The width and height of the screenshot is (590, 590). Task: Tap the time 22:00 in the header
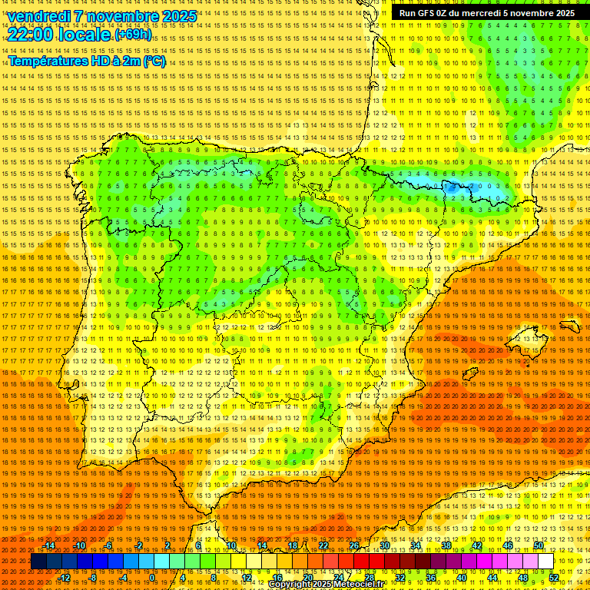pyautogui.click(x=31, y=34)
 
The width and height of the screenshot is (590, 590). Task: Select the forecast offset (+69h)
pyautogui.click(x=133, y=35)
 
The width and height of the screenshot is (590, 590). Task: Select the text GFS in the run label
pyautogui.click(x=427, y=13)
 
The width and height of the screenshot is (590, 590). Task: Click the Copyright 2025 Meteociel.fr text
pyautogui.click(x=326, y=585)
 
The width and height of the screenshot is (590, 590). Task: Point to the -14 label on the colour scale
pyautogui.click(x=49, y=545)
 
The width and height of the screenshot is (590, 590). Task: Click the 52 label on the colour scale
pyautogui.click(x=554, y=578)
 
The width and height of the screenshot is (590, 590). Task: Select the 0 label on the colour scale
pyautogui.click(x=153, y=578)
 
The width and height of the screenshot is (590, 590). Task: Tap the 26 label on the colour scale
pyautogui.click(x=353, y=545)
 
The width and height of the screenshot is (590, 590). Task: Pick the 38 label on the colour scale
pyautogui.click(x=446, y=545)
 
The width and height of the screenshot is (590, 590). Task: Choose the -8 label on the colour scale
pyautogui.click(x=93, y=578)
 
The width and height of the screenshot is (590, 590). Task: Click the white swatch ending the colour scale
pyautogui.click(x=545, y=562)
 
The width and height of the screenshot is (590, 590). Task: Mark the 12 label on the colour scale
pyautogui.click(x=247, y=578)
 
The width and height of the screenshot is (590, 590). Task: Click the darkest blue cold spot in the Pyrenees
pyautogui.click(x=450, y=186)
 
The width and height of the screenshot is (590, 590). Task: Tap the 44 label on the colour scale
pyautogui.click(x=492, y=578)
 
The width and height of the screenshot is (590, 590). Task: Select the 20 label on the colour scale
pyautogui.click(x=308, y=578)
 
